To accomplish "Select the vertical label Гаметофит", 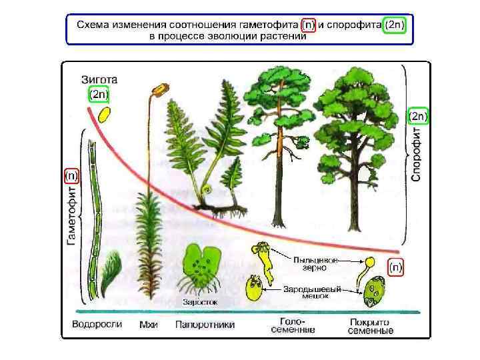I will click(x=72, y=215).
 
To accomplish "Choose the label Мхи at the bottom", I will click(x=148, y=325).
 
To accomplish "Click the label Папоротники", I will click(x=205, y=325).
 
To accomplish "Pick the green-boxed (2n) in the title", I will click(x=395, y=25).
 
